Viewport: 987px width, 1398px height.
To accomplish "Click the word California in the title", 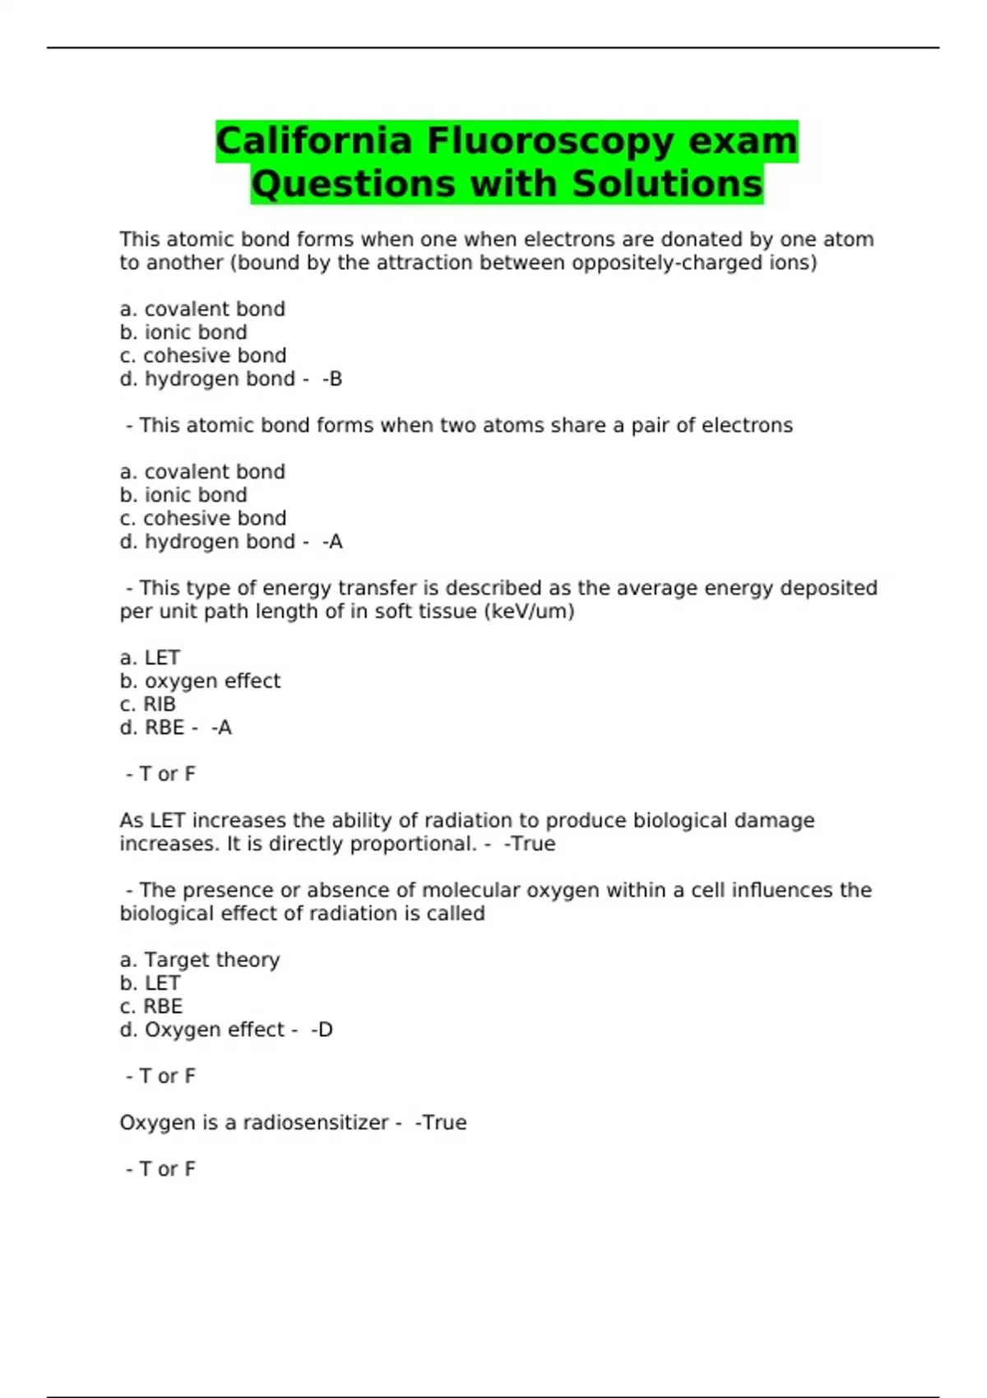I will tap(313, 141).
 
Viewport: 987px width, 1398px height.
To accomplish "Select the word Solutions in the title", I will tap(667, 183).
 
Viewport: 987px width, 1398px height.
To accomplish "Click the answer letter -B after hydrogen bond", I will tap(332, 379).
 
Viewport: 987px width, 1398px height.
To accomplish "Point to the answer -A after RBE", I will tap(221, 728).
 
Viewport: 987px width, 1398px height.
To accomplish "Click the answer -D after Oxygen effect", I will tap(322, 1030).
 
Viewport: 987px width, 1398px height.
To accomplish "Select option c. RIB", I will tap(148, 705).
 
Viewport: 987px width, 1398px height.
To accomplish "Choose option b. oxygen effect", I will tap(200, 681).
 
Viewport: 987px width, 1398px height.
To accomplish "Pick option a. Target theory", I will tap(200, 960).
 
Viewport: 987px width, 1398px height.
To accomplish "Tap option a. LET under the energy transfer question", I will tap(150, 658).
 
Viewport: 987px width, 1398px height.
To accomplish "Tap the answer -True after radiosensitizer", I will tap(441, 1123).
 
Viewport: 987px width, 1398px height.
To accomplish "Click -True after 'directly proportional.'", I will tap(530, 844).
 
